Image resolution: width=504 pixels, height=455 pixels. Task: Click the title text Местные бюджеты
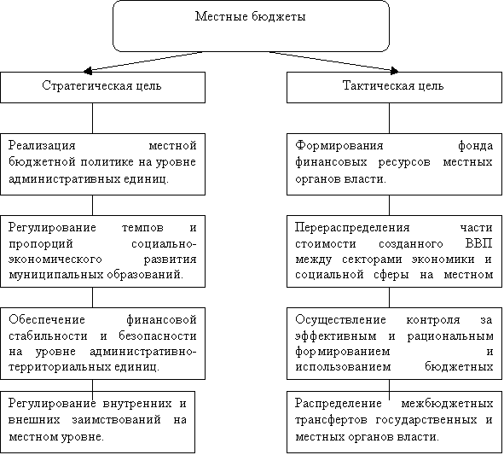[250, 16]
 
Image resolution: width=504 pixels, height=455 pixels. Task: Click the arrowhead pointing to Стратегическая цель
[88, 71]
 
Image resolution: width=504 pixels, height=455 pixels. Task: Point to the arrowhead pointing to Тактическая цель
[394, 71]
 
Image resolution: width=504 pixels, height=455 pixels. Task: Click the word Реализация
[42, 146]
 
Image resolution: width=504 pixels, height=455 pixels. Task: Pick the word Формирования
[339, 146]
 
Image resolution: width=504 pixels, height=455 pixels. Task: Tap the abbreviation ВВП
[478, 243]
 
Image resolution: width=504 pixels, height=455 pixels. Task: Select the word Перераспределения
[352, 228]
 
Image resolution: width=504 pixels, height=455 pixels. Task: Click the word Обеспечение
[47, 319]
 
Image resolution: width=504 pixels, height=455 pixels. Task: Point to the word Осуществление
[340, 320]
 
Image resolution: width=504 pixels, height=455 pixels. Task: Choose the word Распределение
[339, 404]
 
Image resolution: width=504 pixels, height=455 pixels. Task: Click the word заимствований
[116, 420]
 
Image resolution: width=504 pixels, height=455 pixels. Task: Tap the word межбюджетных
[447, 404]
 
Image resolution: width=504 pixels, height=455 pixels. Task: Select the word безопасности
[158, 335]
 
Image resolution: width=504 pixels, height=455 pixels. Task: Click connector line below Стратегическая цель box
[93, 118]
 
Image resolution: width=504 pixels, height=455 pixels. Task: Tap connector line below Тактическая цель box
[389, 118]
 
